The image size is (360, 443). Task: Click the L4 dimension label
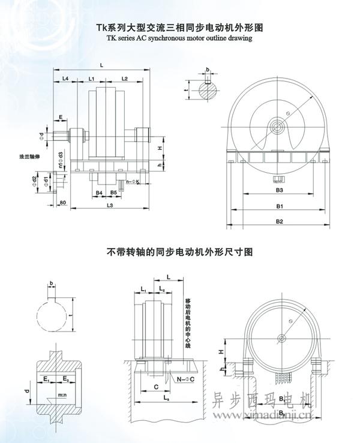(65, 79)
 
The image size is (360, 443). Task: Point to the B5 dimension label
(114, 192)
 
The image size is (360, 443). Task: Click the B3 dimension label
(278, 190)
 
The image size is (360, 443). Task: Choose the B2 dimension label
(279, 221)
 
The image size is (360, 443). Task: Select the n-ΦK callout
(133, 181)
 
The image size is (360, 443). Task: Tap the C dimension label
(156, 387)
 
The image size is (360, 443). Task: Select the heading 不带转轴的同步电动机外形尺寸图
(179, 252)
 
